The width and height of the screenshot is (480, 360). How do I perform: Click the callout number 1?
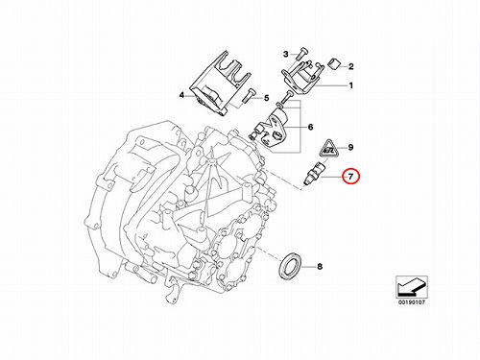pyautogui.click(x=351, y=85)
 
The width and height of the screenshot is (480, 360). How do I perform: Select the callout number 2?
pyautogui.click(x=351, y=66)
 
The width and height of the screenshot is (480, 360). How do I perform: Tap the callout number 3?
pyautogui.click(x=286, y=54)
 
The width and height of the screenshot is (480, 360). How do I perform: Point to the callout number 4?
pyautogui.click(x=181, y=95)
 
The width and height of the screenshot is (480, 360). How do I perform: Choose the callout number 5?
pyautogui.click(x=267, y=98)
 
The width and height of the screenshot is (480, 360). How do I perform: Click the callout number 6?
pyautogui.click(x=310, y=127)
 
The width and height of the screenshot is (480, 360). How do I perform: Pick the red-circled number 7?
pyautogui.click(x=350, y=177)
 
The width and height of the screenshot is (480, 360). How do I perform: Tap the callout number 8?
pyautogui.click(x=320, y=266)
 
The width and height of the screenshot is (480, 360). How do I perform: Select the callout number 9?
pyautogui.click(x=350, y=148)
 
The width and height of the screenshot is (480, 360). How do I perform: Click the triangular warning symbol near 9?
pyautogui.click(x=327, y=149)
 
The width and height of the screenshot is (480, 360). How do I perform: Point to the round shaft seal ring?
pyautogui.click(x=290, y=265)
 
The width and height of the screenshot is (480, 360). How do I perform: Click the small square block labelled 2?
pyautogui.click(x=334, y=63)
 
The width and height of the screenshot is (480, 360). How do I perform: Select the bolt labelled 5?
pyautogui.click(x=248, y=95)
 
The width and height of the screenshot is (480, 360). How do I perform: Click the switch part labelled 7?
pyautogui.click(x=314, y=173)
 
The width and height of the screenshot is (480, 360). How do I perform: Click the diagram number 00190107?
pyautogui.click(x=412, y=302)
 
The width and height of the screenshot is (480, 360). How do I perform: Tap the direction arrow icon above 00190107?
pyautogui.click(x=412, y=287)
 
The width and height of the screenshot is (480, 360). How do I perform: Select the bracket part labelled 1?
pyautogui.click(x=300, y=77)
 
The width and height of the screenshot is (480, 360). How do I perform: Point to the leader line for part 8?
pyautogui.click(x=308, y=266)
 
